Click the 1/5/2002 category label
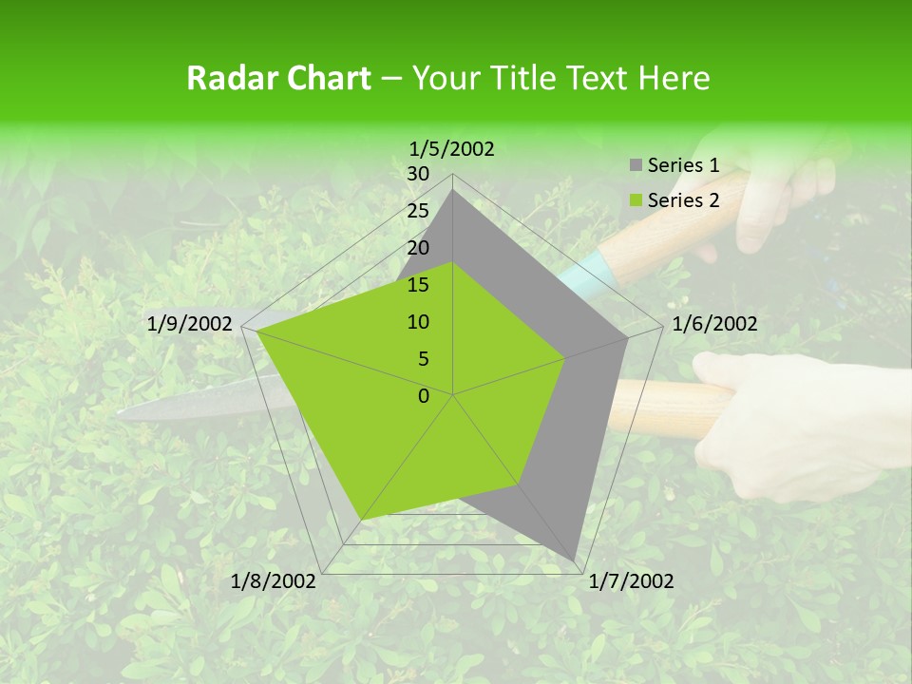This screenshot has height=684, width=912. [x=452, y=148]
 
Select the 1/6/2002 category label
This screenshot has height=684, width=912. [x=714, y=324]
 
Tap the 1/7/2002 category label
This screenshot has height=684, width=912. [x=632, y=581]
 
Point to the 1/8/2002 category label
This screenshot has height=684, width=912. [x=274, y=581]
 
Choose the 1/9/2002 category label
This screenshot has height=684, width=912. [x=190, y=324]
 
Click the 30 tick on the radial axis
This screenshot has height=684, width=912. [x=418, y=174]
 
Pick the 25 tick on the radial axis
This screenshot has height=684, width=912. [x=418, y=211]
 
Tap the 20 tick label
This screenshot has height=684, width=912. [x=418, y=248]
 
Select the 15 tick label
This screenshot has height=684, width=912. [x=418, y=285]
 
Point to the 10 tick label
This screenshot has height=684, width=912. [x=418, y=322]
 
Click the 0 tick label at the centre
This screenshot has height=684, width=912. [x=424, y=396]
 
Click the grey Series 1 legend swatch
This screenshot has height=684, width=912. [x=635, y=166]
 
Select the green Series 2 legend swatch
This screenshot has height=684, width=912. [x=635, y=200]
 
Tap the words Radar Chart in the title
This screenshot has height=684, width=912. [x=277, y=78]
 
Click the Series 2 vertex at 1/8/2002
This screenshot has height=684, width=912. [x=361, y=521]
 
